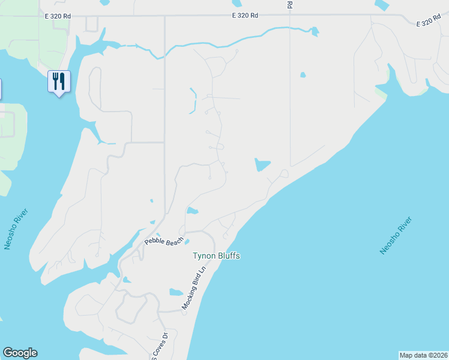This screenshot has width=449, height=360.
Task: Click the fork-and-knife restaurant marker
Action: tap(59, 81)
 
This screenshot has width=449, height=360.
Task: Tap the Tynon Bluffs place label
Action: tap(216, 256)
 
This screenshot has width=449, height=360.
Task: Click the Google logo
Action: tap(20, 353)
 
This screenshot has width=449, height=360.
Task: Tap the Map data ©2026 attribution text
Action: tap(424, 355)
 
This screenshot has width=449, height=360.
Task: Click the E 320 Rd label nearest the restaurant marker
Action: tap(58, 17)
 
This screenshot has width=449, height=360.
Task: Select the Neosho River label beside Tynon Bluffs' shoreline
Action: tap(396, 236)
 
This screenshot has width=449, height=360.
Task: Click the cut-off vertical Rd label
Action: tap(290, 4)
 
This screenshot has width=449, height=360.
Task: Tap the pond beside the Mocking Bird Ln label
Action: tap(176, 293)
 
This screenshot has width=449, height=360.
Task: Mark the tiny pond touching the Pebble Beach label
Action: tap(187, 242)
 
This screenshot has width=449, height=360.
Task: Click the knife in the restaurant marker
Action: tap(62, 80)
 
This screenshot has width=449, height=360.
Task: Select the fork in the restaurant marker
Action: tap(55, 80)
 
